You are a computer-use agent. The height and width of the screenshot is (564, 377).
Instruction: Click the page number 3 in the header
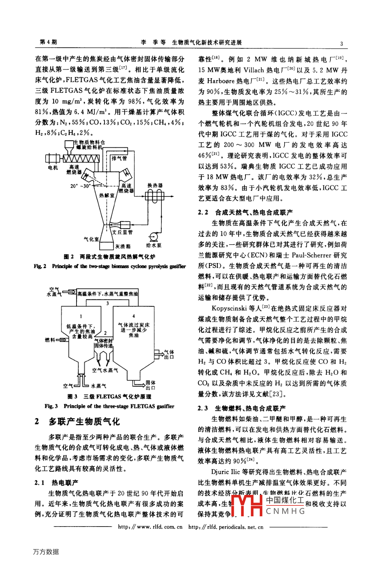341,44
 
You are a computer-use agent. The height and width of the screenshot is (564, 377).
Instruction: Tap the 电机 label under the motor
52,168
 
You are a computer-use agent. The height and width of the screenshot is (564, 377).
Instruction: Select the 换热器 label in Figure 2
155,186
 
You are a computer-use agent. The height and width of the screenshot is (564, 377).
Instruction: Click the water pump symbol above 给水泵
153,237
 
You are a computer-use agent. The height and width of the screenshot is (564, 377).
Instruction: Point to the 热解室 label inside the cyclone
106,195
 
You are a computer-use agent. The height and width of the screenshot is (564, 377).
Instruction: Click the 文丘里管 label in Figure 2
122,232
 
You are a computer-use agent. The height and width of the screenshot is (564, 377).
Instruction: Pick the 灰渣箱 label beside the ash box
123,246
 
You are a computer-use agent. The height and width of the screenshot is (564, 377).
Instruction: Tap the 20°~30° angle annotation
80,186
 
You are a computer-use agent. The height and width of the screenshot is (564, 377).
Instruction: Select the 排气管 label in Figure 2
119,158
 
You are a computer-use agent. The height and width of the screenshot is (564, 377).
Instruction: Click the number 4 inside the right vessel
133,316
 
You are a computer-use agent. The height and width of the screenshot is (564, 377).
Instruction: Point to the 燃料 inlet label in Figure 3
50,339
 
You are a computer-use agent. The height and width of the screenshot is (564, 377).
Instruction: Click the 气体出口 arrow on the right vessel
158,354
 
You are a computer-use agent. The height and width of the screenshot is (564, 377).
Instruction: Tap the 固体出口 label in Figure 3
150,385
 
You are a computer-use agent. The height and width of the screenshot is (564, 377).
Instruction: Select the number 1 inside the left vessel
81,316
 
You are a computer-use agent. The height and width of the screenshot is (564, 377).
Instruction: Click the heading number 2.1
39,482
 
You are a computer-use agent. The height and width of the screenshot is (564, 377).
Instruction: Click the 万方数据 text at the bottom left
46,552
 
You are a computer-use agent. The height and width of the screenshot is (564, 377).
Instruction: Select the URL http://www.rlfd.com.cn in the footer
150,527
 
